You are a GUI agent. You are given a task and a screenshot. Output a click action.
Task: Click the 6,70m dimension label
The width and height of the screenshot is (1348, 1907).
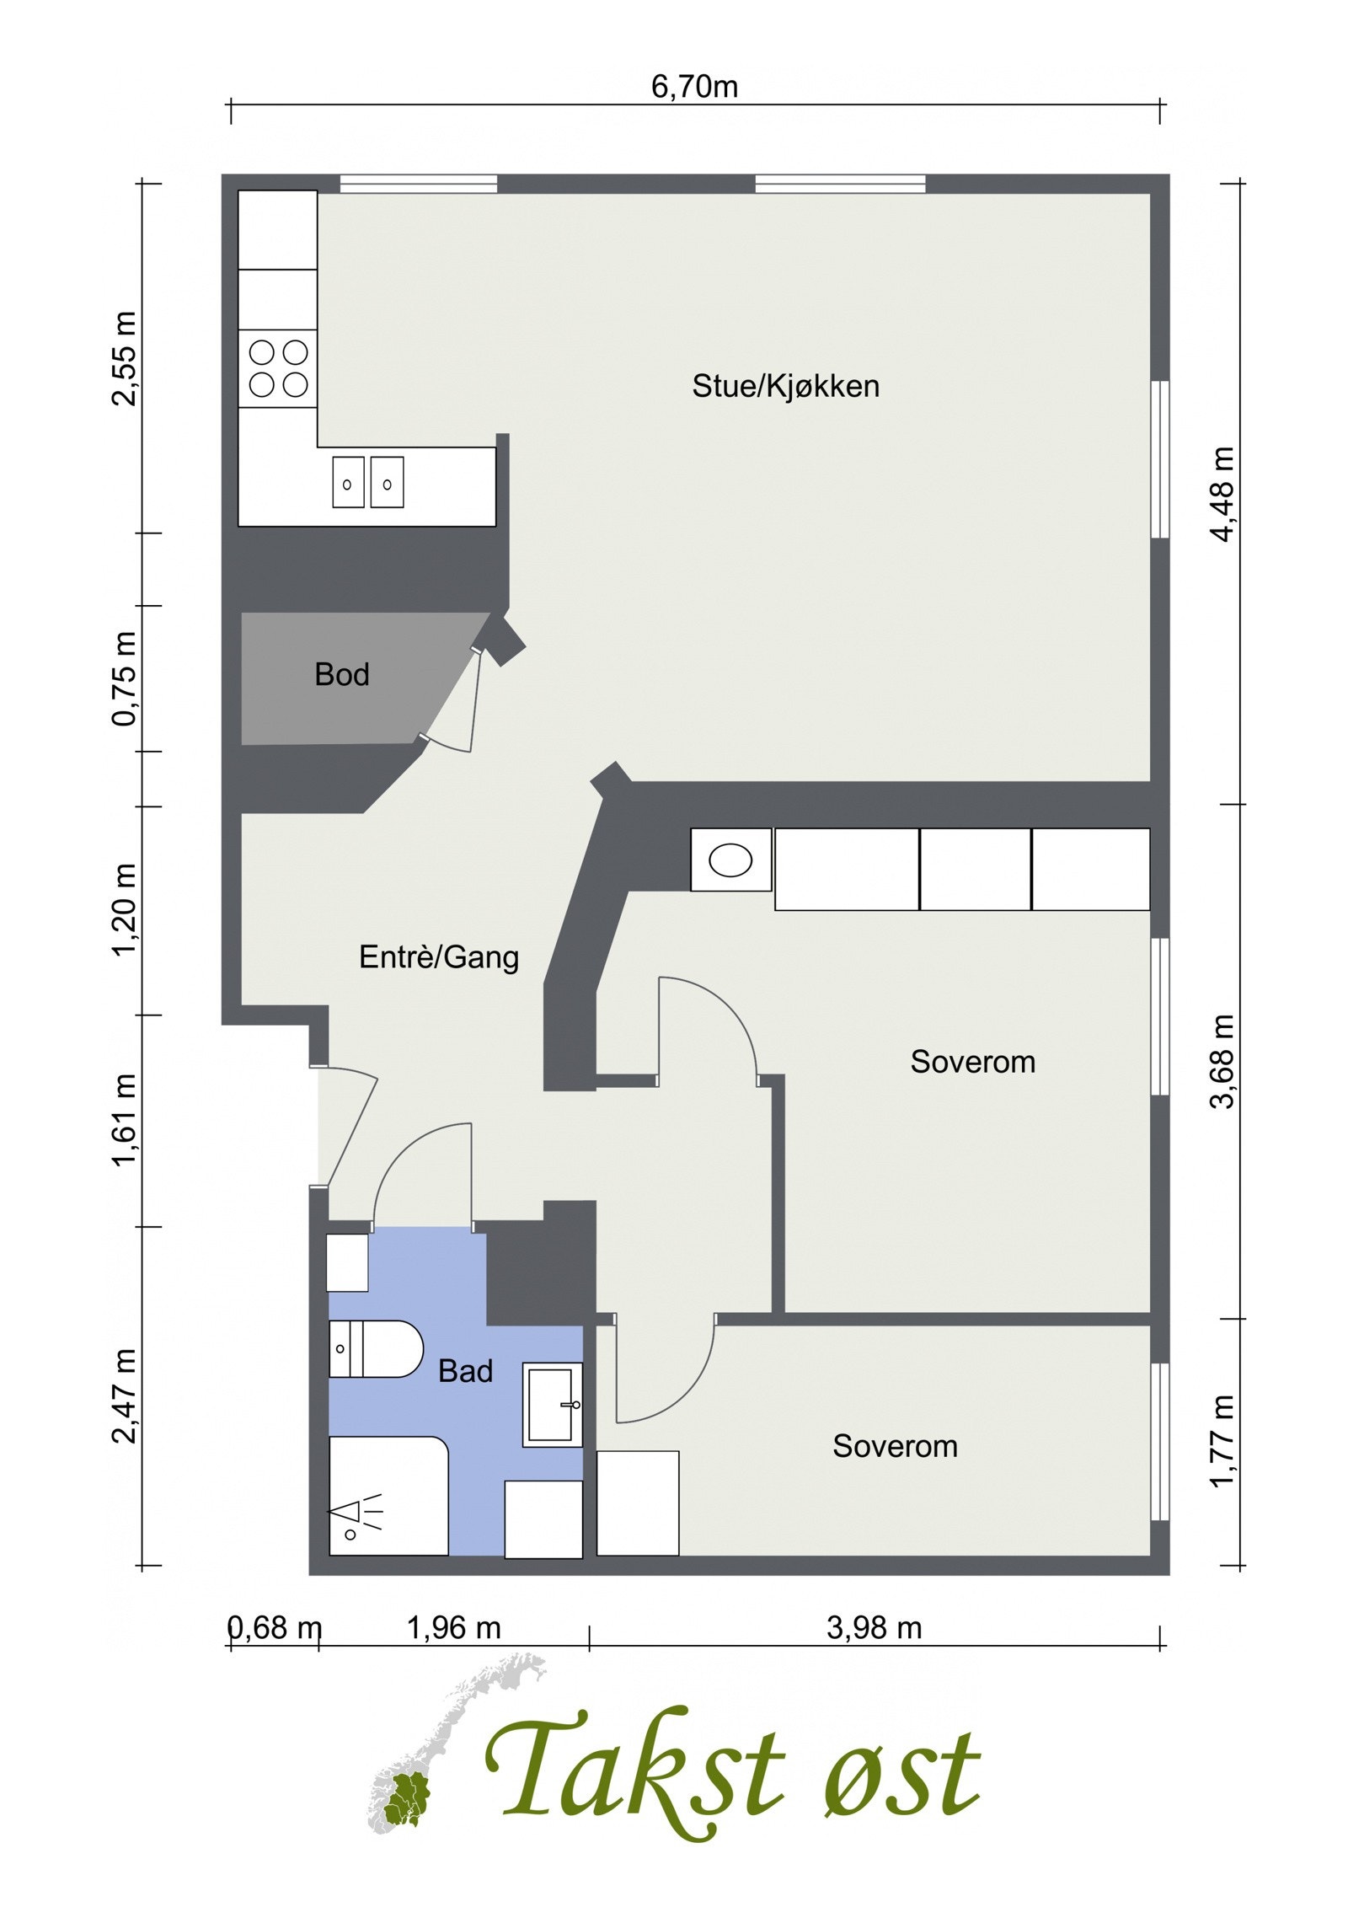(693, 87)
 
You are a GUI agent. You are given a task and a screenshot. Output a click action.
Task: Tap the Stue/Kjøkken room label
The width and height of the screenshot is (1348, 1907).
(785, 386)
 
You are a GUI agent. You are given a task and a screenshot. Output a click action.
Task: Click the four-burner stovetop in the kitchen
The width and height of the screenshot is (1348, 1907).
(278, 368)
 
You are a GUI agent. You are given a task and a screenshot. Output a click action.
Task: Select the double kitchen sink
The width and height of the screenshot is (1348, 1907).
(367, 482)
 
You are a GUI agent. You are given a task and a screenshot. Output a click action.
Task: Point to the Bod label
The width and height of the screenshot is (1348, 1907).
(341, 674)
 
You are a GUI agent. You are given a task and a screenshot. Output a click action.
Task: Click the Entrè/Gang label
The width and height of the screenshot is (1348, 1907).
(438, 957)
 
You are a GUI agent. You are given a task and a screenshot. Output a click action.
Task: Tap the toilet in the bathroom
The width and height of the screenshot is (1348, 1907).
(375, 1349)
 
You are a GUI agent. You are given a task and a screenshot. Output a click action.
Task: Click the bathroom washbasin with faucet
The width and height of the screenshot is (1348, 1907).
(552, 1405)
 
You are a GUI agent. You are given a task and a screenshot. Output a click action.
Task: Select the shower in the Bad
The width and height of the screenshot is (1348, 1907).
(388, 1496)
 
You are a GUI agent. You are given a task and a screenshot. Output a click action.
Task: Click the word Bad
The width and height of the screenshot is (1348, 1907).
(465, 1372)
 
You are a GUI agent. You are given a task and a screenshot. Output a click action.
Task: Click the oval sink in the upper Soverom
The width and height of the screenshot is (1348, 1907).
(730, 860)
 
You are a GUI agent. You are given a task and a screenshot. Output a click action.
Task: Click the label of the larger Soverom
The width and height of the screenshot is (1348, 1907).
(972, 1062)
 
